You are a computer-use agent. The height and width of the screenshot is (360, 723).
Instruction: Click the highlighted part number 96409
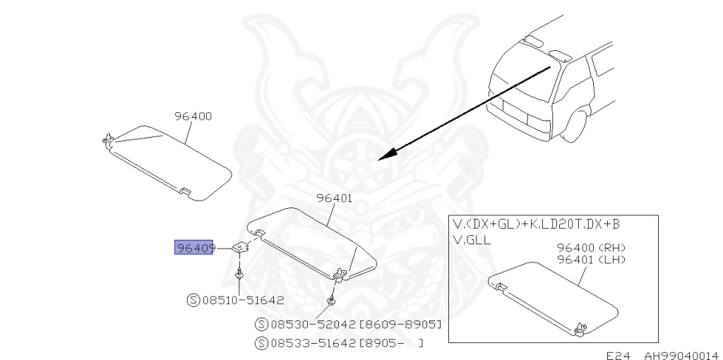(x=194, y=248)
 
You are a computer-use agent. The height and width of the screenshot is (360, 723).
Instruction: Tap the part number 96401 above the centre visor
(x=334, y=198)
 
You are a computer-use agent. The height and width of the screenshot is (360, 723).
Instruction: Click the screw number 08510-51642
(x=244, y=300)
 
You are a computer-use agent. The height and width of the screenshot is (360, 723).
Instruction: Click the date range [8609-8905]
(x=400, y=325)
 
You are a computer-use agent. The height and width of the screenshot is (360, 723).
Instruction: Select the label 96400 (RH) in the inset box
(x=591, y=248)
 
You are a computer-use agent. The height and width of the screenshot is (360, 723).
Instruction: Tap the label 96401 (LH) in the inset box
(x=591, y=260)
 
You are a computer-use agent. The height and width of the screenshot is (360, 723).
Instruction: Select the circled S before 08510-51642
(x=193, y=300)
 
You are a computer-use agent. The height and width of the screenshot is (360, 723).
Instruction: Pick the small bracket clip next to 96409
(x=241, y=246)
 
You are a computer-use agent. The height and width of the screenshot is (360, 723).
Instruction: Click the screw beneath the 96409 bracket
(x=241, y=274)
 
